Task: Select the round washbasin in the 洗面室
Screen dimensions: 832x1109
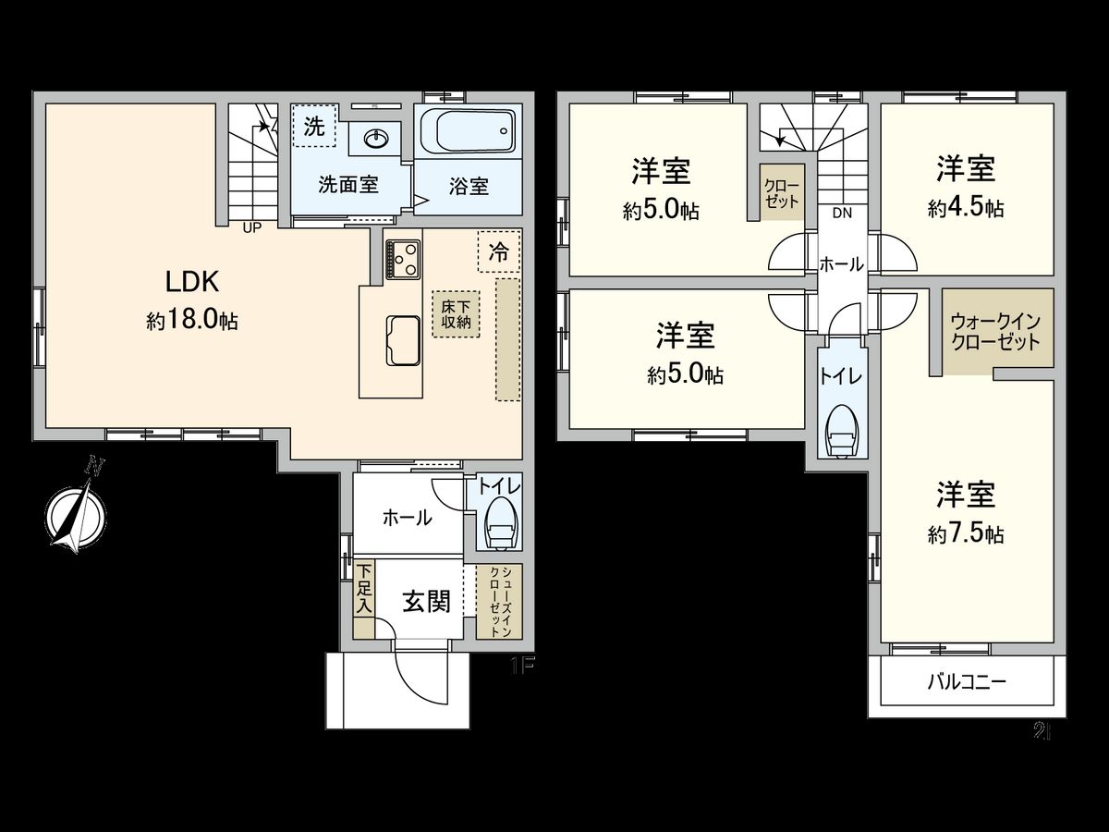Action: tap(376, 139)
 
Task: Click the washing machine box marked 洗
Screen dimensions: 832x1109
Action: tap(314, 128)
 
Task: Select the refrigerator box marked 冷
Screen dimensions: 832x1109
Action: tap(499, 250)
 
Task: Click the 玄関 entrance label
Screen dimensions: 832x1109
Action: tap(426, 602)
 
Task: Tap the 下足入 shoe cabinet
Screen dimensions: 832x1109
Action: tap(364, 600)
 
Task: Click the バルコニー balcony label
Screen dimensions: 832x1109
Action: tap(967, 683)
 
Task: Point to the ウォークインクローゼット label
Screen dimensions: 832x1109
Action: tap(996, 331)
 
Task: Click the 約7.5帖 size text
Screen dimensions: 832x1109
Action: tap(966, 534)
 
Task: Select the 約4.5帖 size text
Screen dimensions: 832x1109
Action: tap(966, 208)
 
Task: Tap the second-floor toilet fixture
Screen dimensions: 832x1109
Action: tap(843, 430)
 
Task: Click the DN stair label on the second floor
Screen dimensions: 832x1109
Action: tap(841, 213)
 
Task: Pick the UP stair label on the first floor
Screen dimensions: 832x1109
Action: tap(251, 227)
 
